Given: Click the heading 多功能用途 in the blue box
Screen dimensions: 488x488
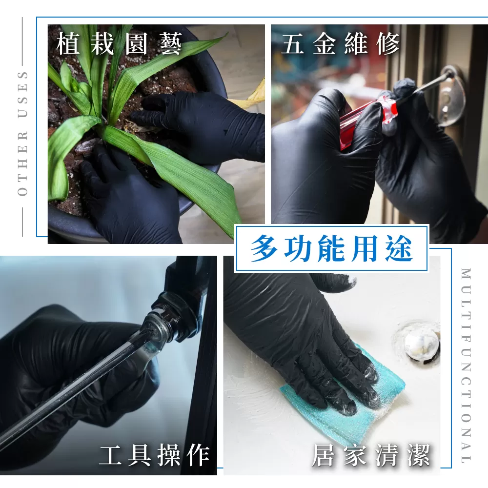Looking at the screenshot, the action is (332, 248).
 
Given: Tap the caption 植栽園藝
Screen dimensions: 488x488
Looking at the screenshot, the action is (119, 44).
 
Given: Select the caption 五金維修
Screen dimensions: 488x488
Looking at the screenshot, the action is (340, 44).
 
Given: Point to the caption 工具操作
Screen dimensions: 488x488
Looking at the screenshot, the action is (154, 455).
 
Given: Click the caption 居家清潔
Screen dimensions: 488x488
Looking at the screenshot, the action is (371, 455).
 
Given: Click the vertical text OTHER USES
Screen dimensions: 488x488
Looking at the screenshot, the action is (23, 134).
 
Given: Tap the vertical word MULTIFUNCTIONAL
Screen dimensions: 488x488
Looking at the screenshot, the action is (466, 365).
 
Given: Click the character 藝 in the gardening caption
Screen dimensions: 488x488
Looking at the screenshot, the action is (170, 44).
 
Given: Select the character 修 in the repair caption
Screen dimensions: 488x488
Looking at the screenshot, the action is (388, 44).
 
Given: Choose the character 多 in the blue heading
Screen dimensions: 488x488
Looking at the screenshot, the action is (264, 248).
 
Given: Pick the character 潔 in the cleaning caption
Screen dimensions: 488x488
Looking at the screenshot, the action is (419, 455).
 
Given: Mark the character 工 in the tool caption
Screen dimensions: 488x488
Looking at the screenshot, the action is (110, 455).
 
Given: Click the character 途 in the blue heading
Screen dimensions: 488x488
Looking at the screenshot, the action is (400, 248).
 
